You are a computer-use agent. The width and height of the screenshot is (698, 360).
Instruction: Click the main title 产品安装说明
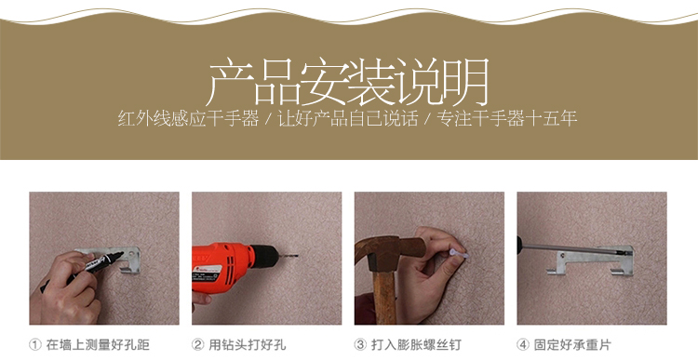click(x=349, y=82)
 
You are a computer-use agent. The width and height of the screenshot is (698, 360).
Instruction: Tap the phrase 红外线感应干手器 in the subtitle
click(x=188, y=119)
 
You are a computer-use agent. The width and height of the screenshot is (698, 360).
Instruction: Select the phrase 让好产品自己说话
click(x=348, y=119)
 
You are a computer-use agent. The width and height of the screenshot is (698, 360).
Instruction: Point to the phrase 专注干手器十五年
click(x=506, y=119)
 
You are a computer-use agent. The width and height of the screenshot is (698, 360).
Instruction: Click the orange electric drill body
click(x=221, y=268)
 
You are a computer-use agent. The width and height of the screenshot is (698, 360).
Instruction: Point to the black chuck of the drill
click(x=266, y=257)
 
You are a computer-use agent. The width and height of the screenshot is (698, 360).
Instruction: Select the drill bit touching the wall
click(x=288, y=256)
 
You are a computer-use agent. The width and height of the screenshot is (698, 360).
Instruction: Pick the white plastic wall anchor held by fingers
click(x=459, y=255)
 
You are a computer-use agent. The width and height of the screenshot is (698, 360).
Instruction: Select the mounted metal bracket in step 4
click(x=592, y=260)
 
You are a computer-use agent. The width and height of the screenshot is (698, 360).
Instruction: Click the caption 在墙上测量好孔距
click(x=98, y=344)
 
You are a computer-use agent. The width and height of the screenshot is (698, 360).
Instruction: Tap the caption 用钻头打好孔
click(x=248, y=344)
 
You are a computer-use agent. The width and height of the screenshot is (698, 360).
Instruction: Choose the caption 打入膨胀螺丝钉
click(x=416, y=344)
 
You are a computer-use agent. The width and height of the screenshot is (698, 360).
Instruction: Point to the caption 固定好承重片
click(x=572, y=344)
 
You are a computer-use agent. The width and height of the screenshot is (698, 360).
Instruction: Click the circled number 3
click(x=360, y=344)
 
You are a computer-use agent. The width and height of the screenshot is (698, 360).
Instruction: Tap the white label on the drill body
click(x=209, y=276)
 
